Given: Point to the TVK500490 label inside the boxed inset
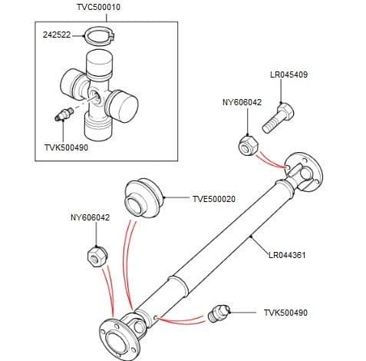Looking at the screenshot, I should (x=67, y=147).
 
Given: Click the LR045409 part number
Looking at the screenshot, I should (x=289, y=75).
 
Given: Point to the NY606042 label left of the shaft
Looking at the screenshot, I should (x=90, y=218).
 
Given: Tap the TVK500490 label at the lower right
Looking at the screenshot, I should (x=285, y=313).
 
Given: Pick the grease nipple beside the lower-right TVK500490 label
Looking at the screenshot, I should (x=219, y=314).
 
